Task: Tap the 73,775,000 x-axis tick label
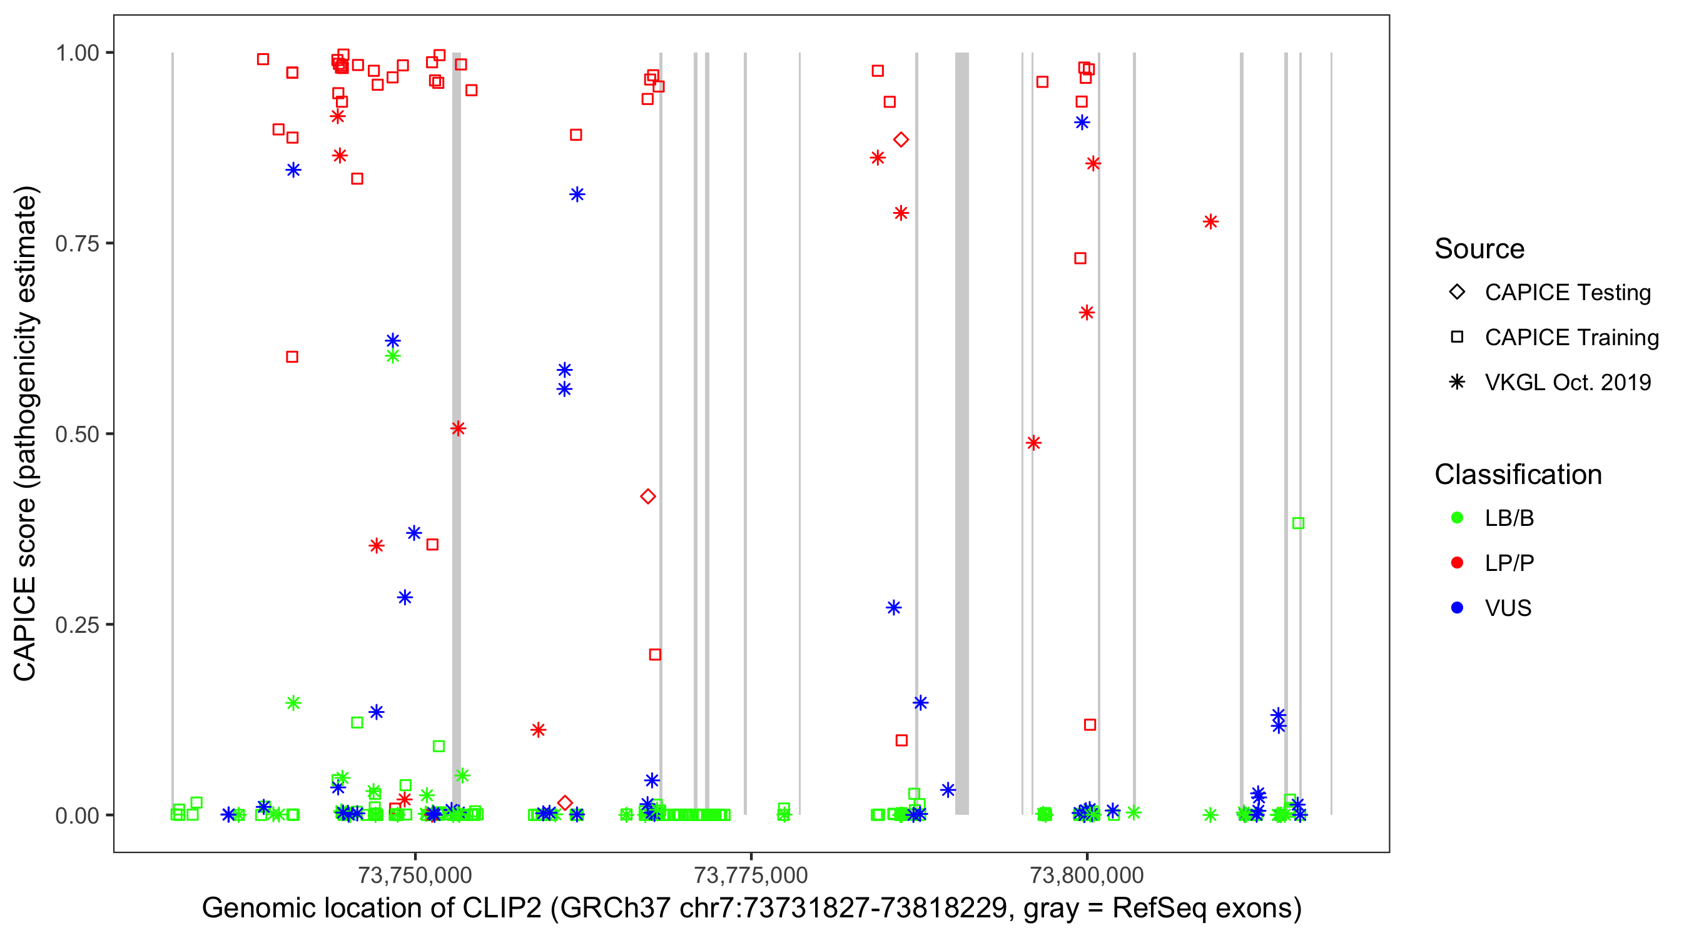pyautogui.click(x=751, y=875)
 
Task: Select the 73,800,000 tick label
pyautogui.click(x=1087, y=875)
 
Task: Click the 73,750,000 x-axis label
pyautogui.click(x=415, y=875)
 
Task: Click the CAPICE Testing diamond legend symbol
pyautogui.click(x=1457, y=293)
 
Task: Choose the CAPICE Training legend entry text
pyautogui.click(x=1571, y=338)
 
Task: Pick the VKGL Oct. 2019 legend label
pyautogui.click(x=1568, y=383)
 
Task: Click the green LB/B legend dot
pyautogui.click(x=1457, y=518)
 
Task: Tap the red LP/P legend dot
pyautogui.click(x=1457, y=563)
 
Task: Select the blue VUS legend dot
pyautogui.click(x=1457, y=608)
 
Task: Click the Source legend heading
pyautogui.click(x=1479, y=249)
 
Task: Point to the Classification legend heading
pyautogui.click(x=1518, y=475)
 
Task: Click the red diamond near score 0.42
pyautogui.click(x=648, y=497)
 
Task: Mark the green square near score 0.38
pyautogui.click(x=1297, y=523)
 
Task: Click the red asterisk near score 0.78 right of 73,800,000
pyautogui.click(x=1210, y=222)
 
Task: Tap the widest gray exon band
pyautogui.click(x=961, y=433)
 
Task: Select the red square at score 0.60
pyautogui.click(x=292, y=357)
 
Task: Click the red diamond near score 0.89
pyautogui.click(x=901, y=139)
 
